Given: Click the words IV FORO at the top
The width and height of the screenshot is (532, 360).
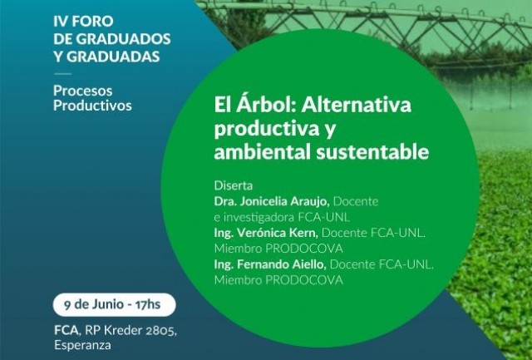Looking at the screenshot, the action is [x=83, y=22].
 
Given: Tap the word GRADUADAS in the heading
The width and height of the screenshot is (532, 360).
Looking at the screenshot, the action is [x=113, y=57].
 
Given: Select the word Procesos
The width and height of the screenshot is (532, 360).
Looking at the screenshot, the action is [x=83, y=91].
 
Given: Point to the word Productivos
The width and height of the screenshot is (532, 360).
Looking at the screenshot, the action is [x=92, y=106].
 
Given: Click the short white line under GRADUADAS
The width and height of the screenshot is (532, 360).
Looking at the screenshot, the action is [x=62, y=74].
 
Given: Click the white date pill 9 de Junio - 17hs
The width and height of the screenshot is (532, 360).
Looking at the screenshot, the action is [x=115, y=304].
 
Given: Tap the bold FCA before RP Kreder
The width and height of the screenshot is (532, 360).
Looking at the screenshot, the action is [x=66, y=330].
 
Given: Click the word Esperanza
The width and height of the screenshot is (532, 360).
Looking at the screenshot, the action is [x=82, y=345].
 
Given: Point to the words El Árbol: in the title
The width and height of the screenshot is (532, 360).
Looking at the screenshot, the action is [x=255, y=105].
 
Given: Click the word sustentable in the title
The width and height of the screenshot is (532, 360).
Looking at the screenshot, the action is [x=372, y=151].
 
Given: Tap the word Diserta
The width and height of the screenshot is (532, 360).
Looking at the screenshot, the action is [x=234, y=185].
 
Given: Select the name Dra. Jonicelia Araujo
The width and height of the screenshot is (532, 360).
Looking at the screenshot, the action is [x=272, y=201].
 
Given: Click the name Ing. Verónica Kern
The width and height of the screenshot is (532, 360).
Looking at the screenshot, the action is [x=266, y=233].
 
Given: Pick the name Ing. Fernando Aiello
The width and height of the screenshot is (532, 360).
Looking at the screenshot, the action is [x=270, y=264].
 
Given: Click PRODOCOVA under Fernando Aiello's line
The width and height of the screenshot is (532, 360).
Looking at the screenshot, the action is [x=304, y=280].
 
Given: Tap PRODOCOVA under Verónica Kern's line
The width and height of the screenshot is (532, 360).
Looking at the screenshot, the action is [x=304, y=249].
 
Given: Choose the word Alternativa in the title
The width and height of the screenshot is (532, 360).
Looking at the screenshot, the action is [x=357, y=105].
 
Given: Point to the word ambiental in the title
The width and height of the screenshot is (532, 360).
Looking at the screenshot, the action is [x=263, y=151].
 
